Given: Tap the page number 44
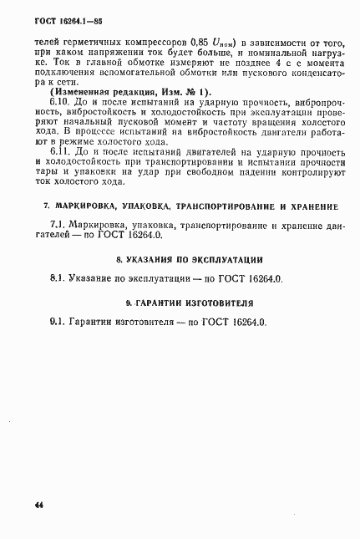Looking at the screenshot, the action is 39,506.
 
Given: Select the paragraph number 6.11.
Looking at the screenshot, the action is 63,152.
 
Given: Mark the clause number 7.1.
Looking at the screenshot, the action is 59,224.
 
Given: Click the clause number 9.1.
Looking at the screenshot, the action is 58,323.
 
